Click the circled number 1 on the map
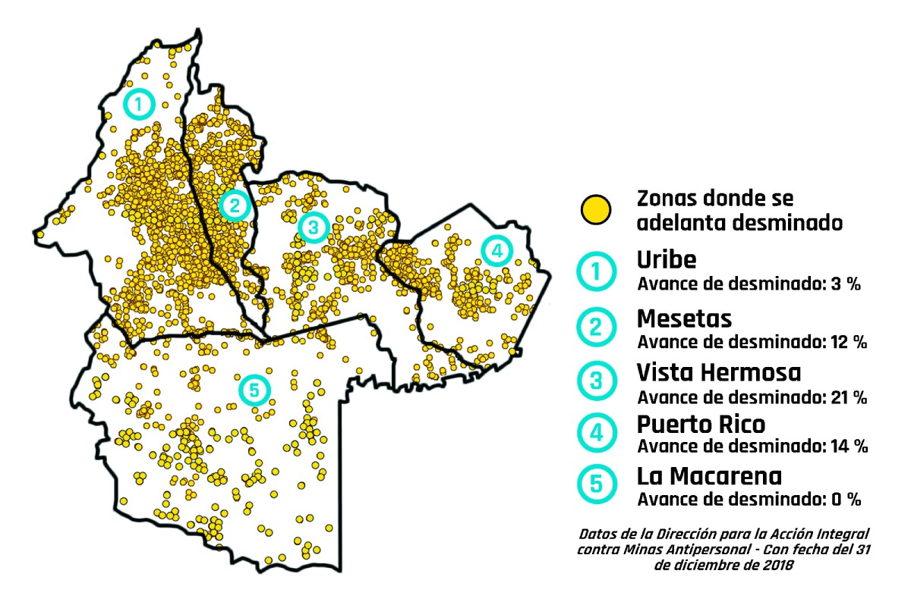138,103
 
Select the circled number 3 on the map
312,227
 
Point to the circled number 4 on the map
496,250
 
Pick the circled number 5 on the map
254,390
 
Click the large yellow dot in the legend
596,210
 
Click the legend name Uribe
666,260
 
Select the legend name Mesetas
684,316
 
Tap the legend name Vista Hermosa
718,372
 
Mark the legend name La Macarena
709,476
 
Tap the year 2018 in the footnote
777,565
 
